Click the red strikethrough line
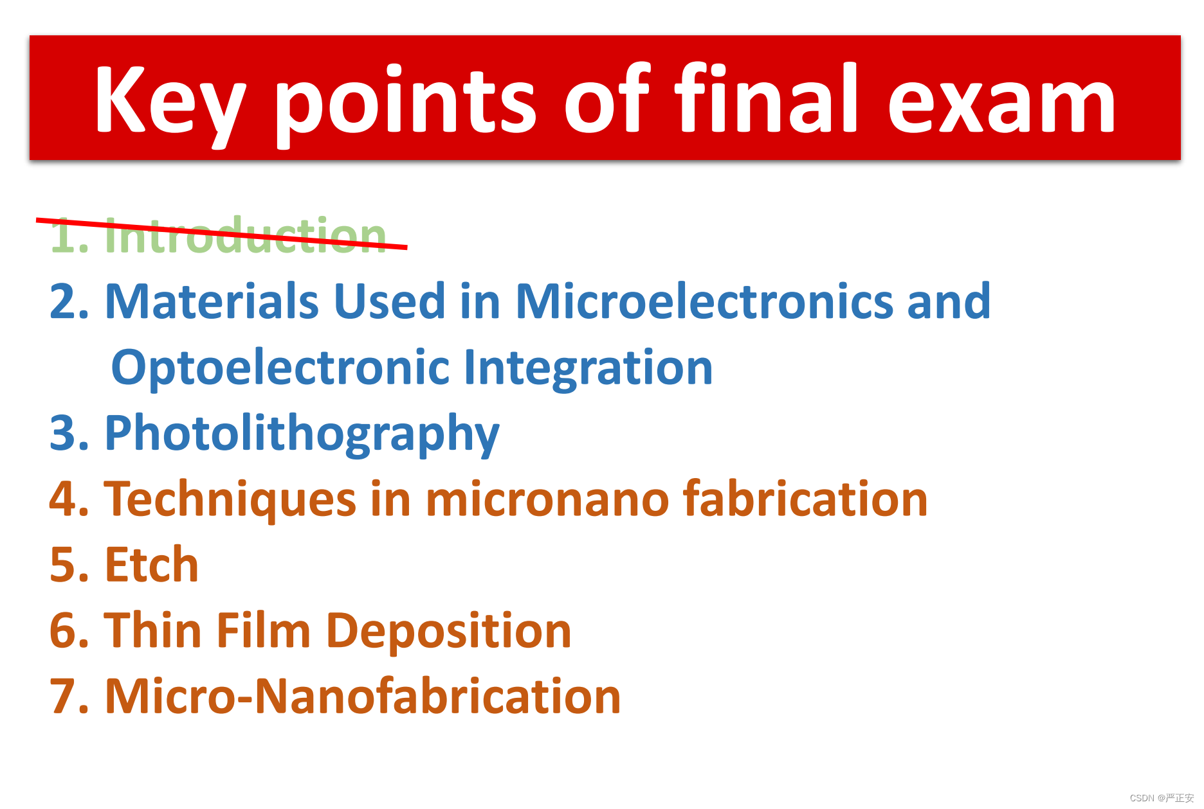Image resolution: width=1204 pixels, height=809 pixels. tap(221, 233)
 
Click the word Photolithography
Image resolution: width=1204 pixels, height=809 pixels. tap(302, 435)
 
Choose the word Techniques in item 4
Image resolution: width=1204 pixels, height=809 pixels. tap(230, 500)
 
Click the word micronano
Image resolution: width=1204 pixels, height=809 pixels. tap(547, 501)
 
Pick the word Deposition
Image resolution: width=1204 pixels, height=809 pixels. tap(449, 633)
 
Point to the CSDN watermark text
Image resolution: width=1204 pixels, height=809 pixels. tap(1162, 797)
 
